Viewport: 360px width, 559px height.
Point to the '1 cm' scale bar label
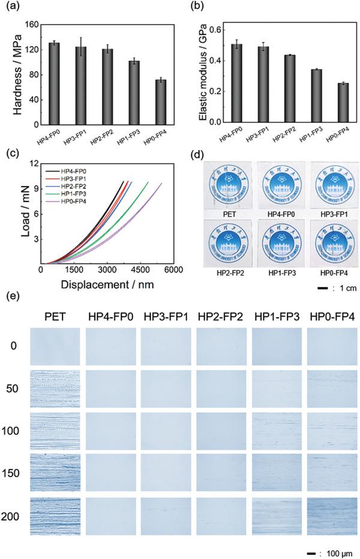point(335,288)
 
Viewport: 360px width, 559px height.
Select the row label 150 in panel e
point(15,474)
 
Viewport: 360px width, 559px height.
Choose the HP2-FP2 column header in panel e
point(221,317)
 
